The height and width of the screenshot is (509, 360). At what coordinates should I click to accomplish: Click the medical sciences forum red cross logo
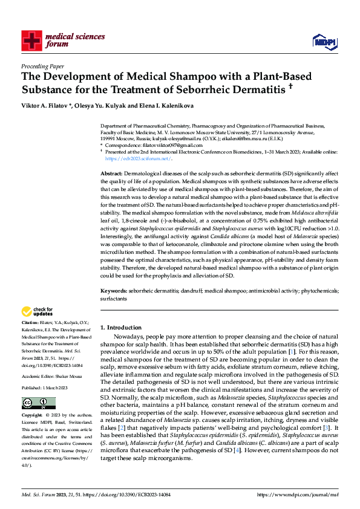(31, 41)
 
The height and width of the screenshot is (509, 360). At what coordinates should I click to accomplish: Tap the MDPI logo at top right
(323, 41)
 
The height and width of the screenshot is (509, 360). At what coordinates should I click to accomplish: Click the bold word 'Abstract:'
(111, 173)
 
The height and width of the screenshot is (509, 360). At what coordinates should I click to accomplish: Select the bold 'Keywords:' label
(114, 291)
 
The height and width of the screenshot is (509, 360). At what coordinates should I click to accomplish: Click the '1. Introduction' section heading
(120, 327)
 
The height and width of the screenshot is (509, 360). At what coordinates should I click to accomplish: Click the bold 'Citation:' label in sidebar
(31, 323)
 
